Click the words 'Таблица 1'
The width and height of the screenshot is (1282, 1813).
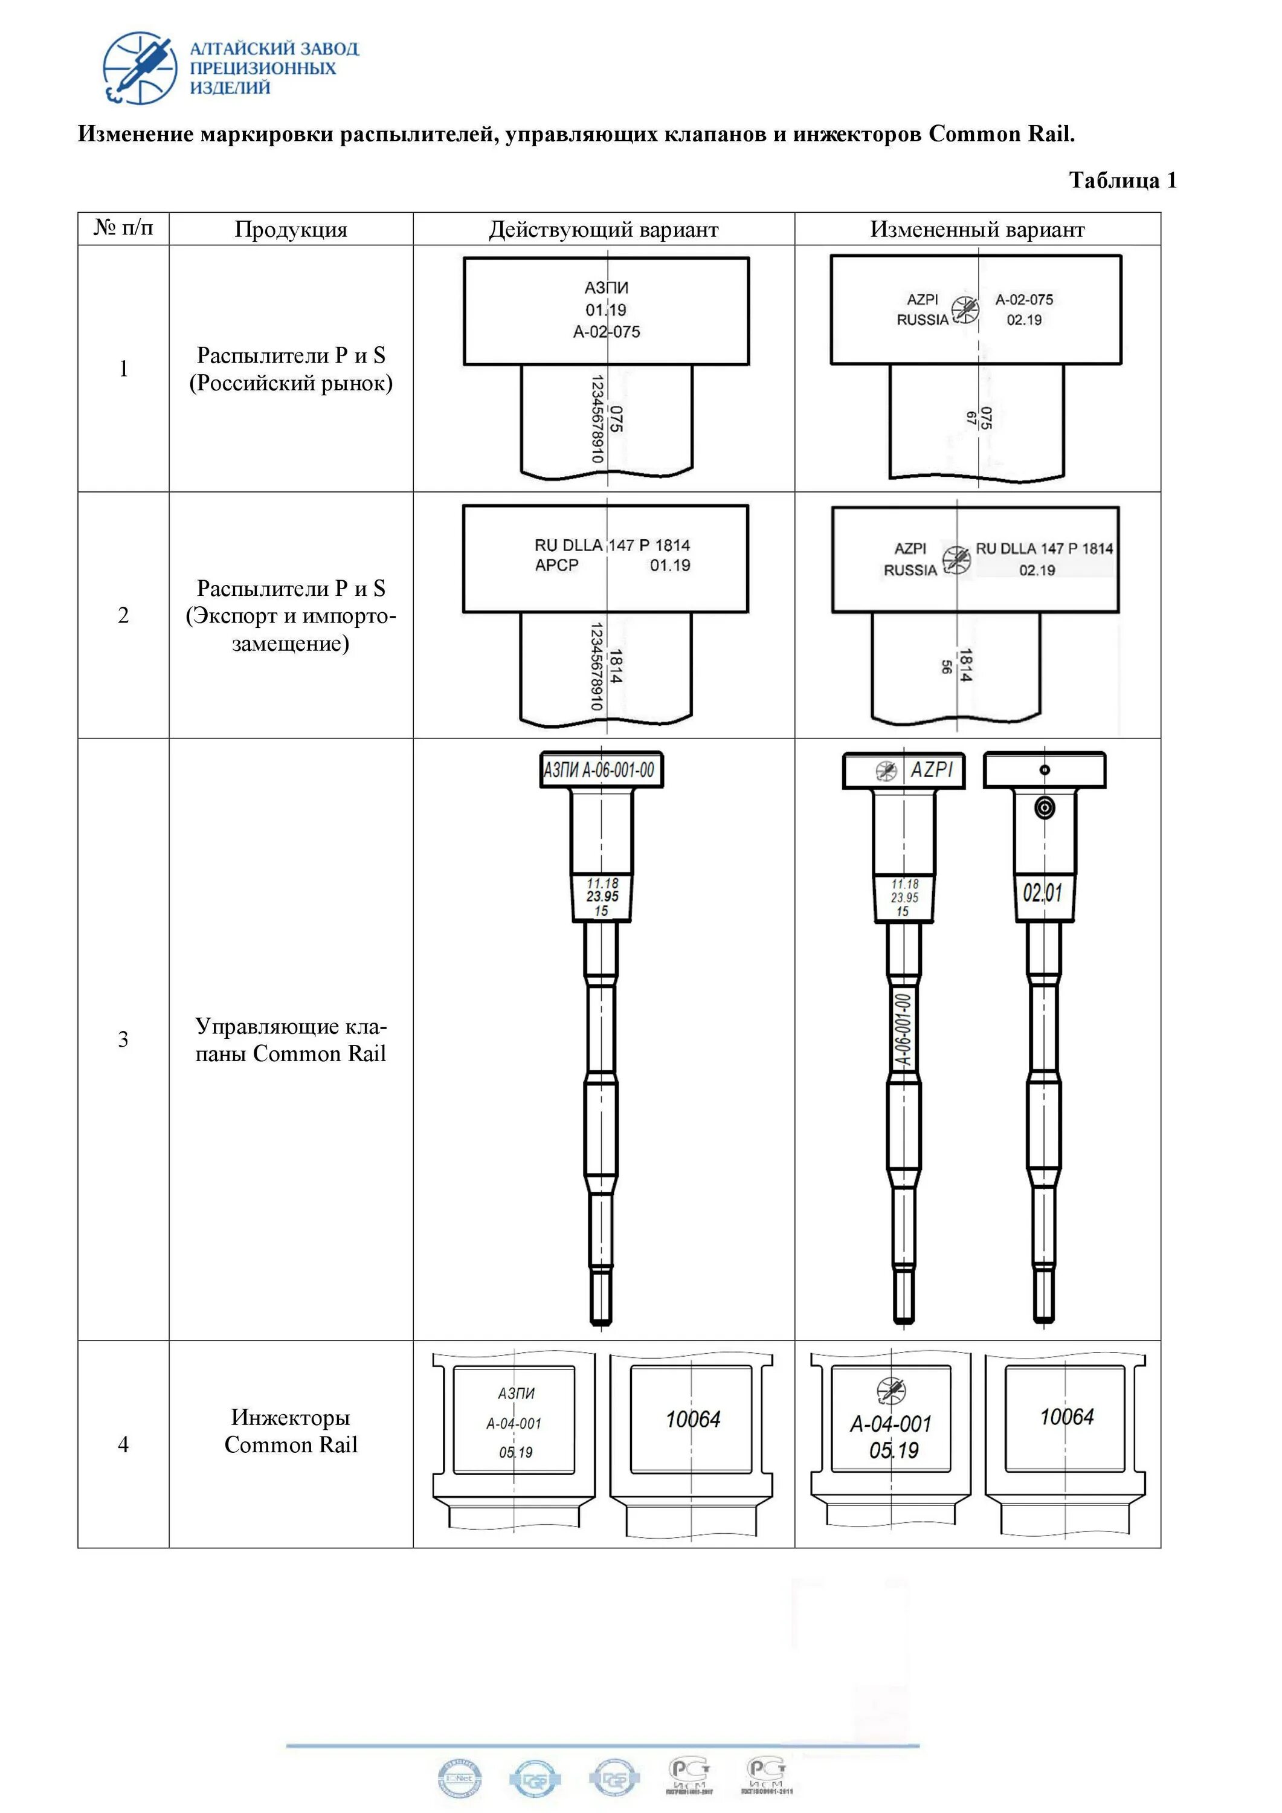pos(1122,181)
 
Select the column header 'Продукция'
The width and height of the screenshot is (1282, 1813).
pos(291,230)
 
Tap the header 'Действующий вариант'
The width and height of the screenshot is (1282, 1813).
pos(603,230)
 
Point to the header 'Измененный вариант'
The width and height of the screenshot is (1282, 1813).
pos(978,230)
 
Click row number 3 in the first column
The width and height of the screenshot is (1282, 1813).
pos(123,1039)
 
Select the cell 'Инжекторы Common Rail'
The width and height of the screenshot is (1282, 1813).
pos(291,1431)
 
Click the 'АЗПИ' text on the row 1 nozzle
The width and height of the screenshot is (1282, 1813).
pos(607,288)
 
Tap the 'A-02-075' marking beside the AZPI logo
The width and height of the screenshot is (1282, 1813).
pos(1024,300)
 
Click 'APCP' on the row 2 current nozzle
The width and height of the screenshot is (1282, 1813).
pos(556,566)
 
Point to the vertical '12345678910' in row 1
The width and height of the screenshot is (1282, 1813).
pos(598,419)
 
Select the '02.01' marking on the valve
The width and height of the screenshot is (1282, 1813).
pos(1043,894)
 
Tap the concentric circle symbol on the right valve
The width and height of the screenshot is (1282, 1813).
pos(1045,808)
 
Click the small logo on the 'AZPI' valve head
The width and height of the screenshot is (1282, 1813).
pos(886,771)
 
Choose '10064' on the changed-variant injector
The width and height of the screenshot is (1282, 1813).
pos(1066,1417)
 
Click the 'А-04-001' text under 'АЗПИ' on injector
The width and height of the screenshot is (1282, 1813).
pos(514,1424)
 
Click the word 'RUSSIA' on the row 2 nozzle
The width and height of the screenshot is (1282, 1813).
pos(910,570)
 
